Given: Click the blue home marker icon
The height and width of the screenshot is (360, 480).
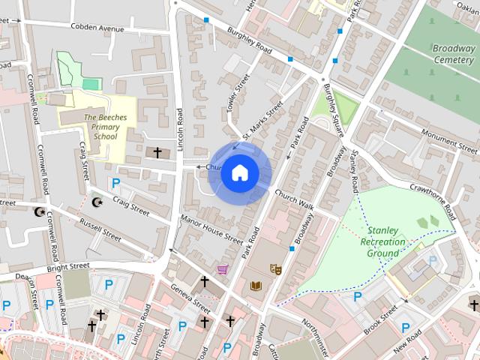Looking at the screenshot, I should click(x=239, y=172).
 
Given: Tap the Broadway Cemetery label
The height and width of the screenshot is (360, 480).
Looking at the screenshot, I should click(x=454, y=53).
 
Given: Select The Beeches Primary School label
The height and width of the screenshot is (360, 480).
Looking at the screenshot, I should click(x=105, y=127).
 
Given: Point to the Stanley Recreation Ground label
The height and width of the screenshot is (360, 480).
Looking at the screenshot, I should click(x=383, y=242).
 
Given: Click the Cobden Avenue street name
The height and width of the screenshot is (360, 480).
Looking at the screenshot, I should click(x=97, y=28).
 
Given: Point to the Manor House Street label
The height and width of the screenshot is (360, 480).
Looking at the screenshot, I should click(x=211, y=229).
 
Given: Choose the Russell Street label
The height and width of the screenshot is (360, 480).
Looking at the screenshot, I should click(x=100, y=230).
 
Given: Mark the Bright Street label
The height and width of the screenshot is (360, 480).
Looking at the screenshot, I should click(x=68, y=267).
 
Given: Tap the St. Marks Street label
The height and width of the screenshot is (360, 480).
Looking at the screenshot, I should click(x=262, y=119).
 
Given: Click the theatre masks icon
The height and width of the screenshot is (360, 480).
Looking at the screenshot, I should click(x=276, y=268).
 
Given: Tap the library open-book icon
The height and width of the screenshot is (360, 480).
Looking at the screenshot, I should click(x=257, y=286).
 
